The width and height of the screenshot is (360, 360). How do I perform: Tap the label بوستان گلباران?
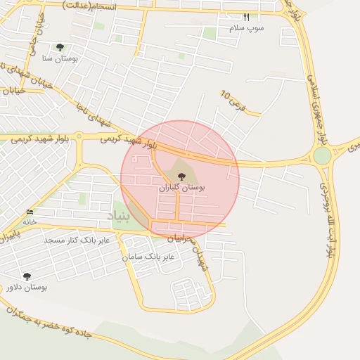tap(182, 188)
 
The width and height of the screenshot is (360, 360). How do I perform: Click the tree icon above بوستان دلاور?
tap(27, 276)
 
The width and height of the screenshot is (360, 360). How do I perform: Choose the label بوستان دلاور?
tap(27, 288)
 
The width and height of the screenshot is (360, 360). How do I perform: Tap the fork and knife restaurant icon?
tap(246, 17)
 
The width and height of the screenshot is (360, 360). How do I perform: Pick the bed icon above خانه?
tap(30, 212)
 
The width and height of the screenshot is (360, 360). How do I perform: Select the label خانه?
tap(29, 221)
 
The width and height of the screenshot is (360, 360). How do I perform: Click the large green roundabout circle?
tap(322, 156)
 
